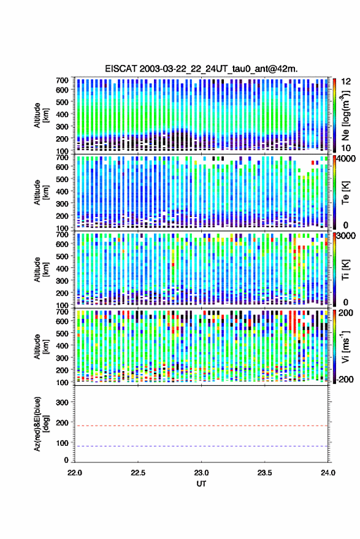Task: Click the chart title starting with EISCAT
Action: pos(202,69)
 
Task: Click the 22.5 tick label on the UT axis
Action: pos(138,473)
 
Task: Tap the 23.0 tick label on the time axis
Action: pos(201,473)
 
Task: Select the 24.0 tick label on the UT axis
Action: pos(327,473)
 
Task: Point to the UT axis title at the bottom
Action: pos(201,484)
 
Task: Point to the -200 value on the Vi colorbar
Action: pos(345,379)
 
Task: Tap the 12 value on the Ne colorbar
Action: pos(347,82)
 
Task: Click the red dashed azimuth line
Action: pos(202,426)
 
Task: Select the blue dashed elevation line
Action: pos(202,446)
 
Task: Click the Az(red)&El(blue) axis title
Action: pos(40,424)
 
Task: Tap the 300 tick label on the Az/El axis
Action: pos(62,402)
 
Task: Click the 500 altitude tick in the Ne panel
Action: pos(62,102)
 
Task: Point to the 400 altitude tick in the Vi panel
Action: pos(62,345)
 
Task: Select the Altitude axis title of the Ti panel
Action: pos(40,270)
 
